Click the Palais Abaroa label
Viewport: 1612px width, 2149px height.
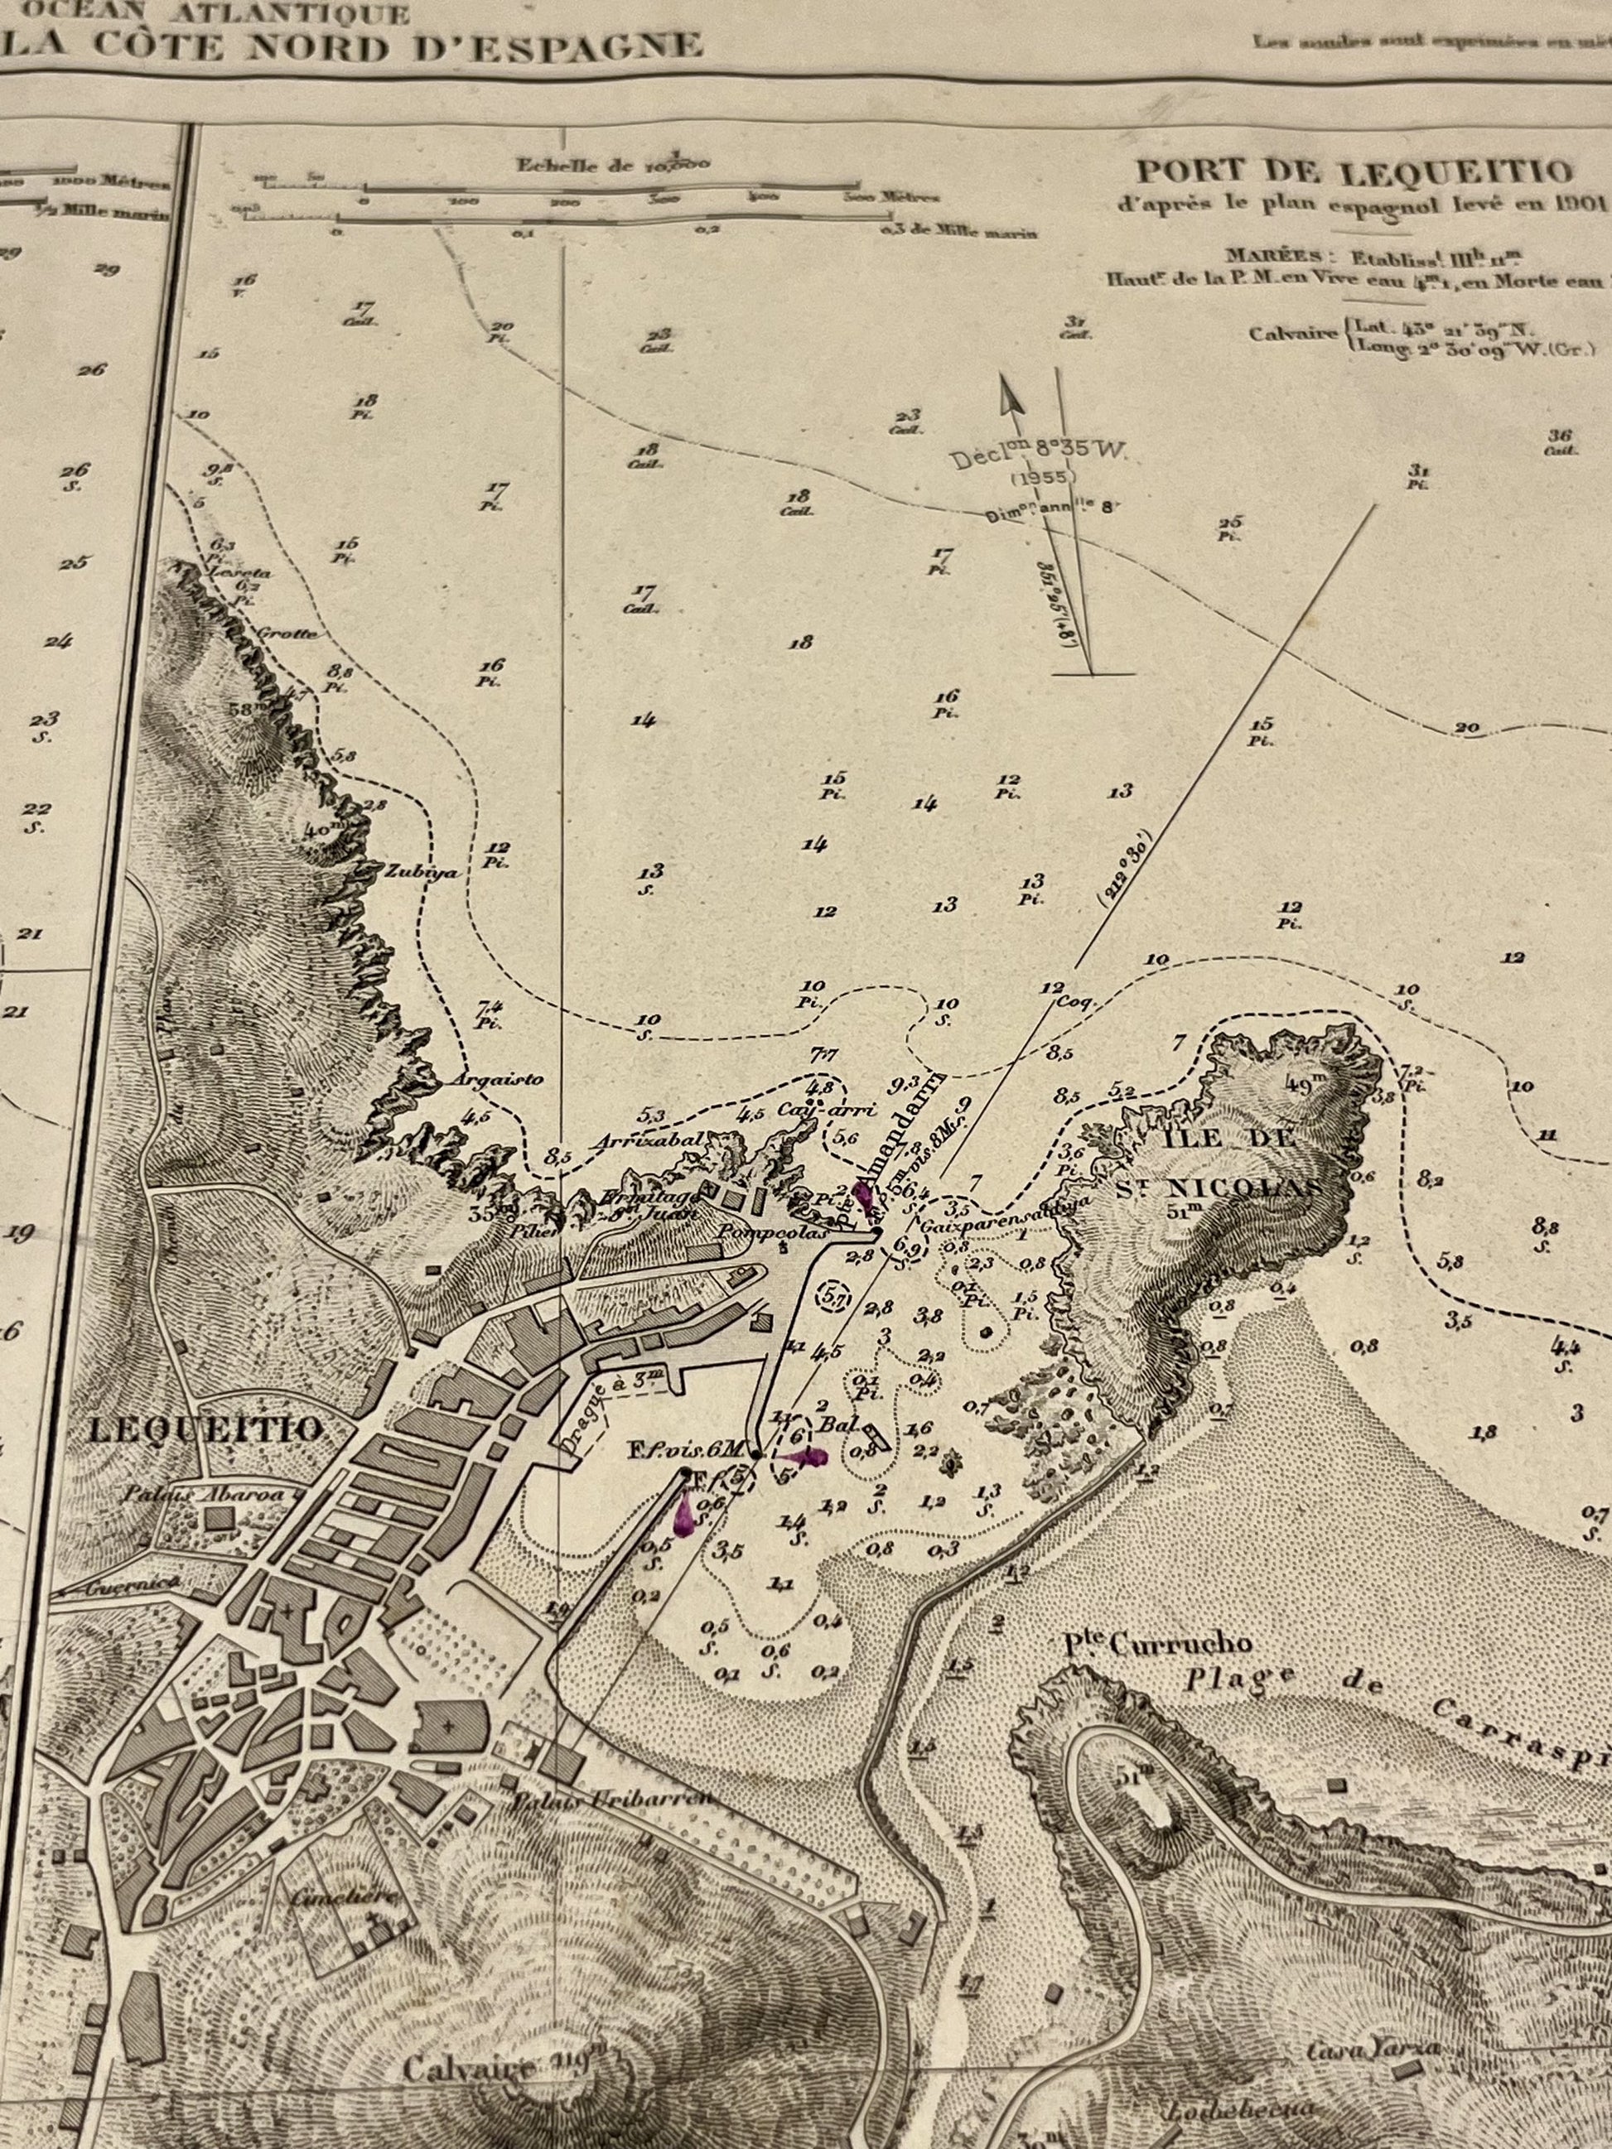click(x=202, y=1495)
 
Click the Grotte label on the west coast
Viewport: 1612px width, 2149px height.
click(x=287, y=634)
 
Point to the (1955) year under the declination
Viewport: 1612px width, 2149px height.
click(x=1044, y=477)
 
